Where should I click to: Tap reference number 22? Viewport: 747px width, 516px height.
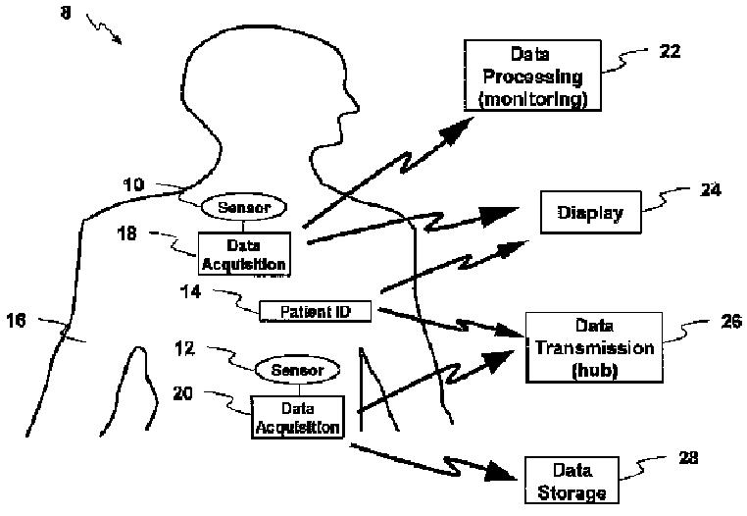pos(670,51)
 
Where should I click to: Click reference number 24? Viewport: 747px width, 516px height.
pos(711,189)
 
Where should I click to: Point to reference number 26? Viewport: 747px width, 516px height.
pos(731,322)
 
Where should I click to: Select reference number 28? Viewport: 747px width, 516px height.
pos(688,458)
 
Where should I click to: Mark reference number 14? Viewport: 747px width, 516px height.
pos(190,291)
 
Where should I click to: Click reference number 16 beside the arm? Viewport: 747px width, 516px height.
pos(17,320)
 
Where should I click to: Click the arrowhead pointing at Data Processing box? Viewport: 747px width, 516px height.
pos(459,129)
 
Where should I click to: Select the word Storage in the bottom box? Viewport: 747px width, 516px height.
pos(573,492)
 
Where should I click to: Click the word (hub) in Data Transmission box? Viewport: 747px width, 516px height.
pos(594,370)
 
